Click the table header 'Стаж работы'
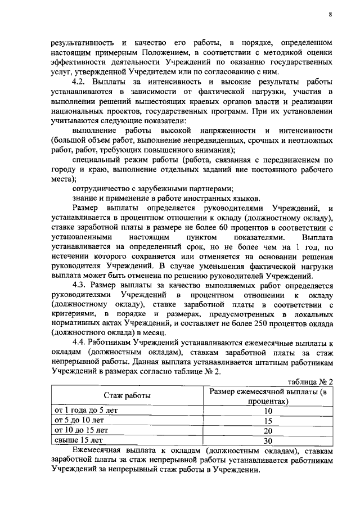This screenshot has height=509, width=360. pyautogui.click(x=126, y=397)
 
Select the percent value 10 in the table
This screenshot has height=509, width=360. pyautogui.click(x=267, y=411)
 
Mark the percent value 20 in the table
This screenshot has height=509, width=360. pyautogui.click(x=267, y=430)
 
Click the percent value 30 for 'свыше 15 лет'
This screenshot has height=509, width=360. pyautogui.click(x=267, y=440)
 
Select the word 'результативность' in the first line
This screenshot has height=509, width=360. pyautogui.click(x=84, y=42)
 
